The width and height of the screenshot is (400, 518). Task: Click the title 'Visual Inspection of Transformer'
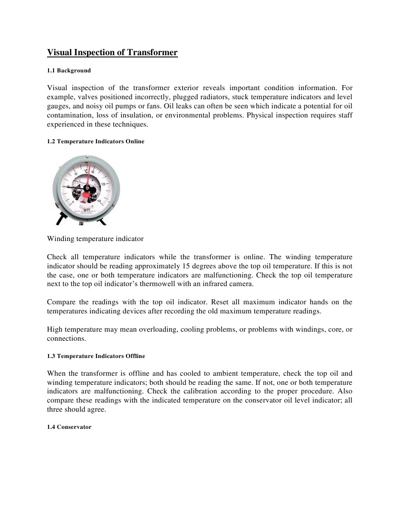(x=112, y=52)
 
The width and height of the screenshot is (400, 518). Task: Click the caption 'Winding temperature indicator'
(x=96, y=238)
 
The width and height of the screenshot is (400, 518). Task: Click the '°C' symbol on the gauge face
(x=86, y=171)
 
